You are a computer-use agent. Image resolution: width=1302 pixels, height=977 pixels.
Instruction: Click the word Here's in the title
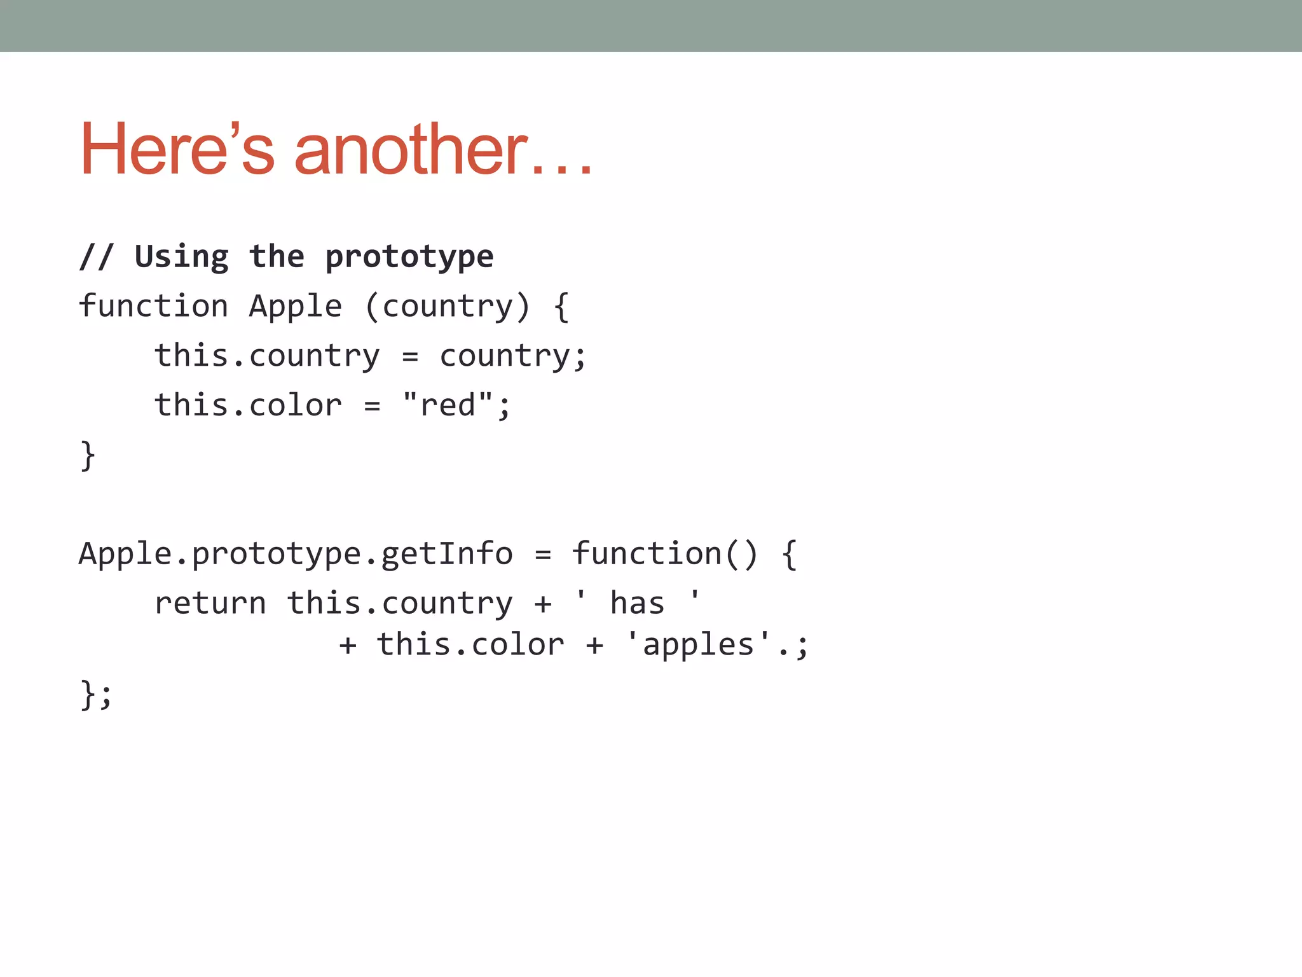coord(177,149)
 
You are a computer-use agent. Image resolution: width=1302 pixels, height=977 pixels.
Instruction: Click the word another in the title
coord(411,149)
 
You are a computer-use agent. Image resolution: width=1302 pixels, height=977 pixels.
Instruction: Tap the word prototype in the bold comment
coord(409,257)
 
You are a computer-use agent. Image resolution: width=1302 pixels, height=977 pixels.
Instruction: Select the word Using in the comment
coord(181,257)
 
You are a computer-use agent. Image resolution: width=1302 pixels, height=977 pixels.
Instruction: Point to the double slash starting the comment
coord(96,257)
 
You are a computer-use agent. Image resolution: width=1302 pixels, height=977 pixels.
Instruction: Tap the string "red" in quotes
coord(448,405)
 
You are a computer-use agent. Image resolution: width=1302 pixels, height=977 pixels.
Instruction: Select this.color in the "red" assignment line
coord(248,405)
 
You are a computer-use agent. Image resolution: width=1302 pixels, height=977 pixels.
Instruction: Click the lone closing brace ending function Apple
coord(88,455)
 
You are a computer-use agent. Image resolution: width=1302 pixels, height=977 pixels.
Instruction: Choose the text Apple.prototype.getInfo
coord(296,553)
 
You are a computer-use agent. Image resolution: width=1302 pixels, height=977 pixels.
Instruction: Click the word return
coord(210,603)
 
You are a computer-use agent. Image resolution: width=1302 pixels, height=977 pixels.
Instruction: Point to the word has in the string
coord(637,603)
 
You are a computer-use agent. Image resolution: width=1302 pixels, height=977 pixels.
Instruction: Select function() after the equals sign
coord(665,553)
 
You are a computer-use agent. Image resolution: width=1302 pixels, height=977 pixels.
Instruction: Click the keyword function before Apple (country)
coord(153,307)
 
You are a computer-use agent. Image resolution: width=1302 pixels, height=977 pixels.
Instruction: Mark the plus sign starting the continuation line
coord(347,646)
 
